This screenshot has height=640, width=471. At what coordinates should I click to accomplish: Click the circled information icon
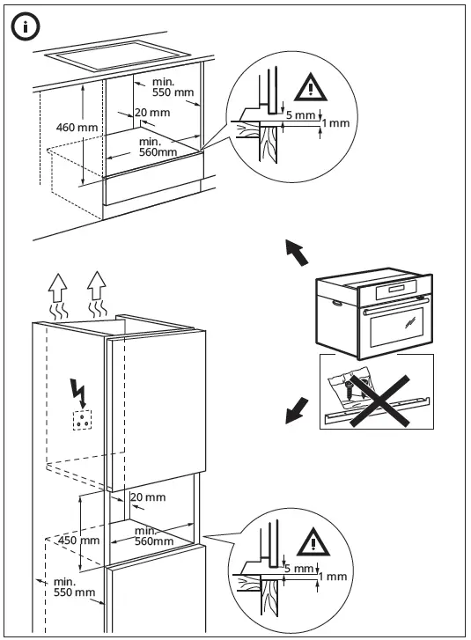click(26, 27)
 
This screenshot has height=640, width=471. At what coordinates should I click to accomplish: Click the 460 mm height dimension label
click(77, 128)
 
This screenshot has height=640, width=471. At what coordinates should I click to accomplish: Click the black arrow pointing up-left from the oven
click(298, 253)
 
